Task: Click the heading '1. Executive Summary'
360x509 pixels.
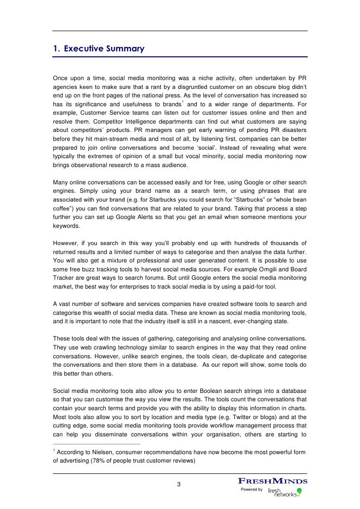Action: [98, 49]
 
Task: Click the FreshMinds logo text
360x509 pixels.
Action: [273, 481]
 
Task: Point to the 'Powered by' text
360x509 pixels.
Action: [251, 489]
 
